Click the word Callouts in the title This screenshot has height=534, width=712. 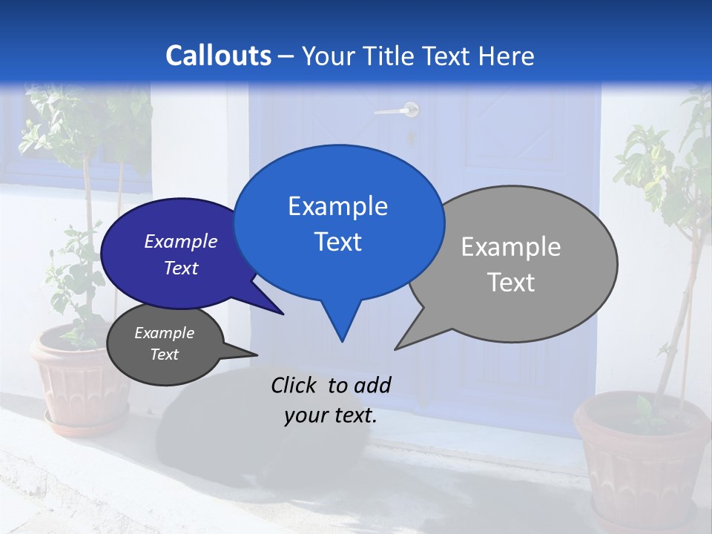click(218, 56)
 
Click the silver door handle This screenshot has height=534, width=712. click(398, 111)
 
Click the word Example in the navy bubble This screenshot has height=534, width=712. click(181, 241)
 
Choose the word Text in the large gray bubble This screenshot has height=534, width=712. click(511, 283)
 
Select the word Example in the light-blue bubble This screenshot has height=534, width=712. click(337, 206)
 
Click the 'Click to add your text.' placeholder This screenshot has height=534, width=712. click(331, 400)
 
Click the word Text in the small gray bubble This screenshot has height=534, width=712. click(164, 355)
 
